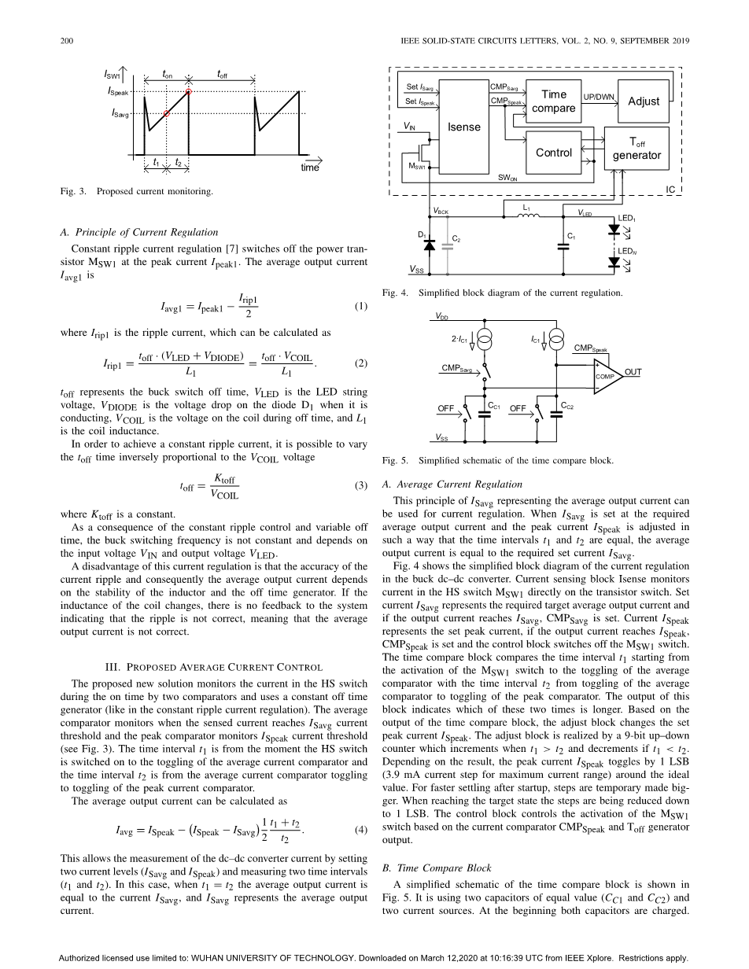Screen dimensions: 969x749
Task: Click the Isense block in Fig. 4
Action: [x=463, y=127]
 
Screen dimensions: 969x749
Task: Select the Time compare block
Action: [x=553, y=101]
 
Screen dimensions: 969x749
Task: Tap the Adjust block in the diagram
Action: [x=643, y=101]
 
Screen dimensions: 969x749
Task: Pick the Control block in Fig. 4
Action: [x=553, y=153]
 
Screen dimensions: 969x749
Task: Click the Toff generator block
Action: [x=636, y=149]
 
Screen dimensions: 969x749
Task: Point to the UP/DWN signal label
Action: [x=599, y=97]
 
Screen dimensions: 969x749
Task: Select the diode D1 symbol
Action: [x=430, y=245]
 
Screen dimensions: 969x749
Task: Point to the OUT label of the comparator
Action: [x=633, y=371]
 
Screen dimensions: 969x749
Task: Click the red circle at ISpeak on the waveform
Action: [x=189, y=92]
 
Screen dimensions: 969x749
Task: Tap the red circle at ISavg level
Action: [x=167, y=113]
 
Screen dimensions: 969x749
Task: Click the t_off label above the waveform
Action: [x=222, y=74]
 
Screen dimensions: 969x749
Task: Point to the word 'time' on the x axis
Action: [x=309, y=168]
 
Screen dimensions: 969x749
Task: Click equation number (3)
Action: [x=360, y=485]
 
